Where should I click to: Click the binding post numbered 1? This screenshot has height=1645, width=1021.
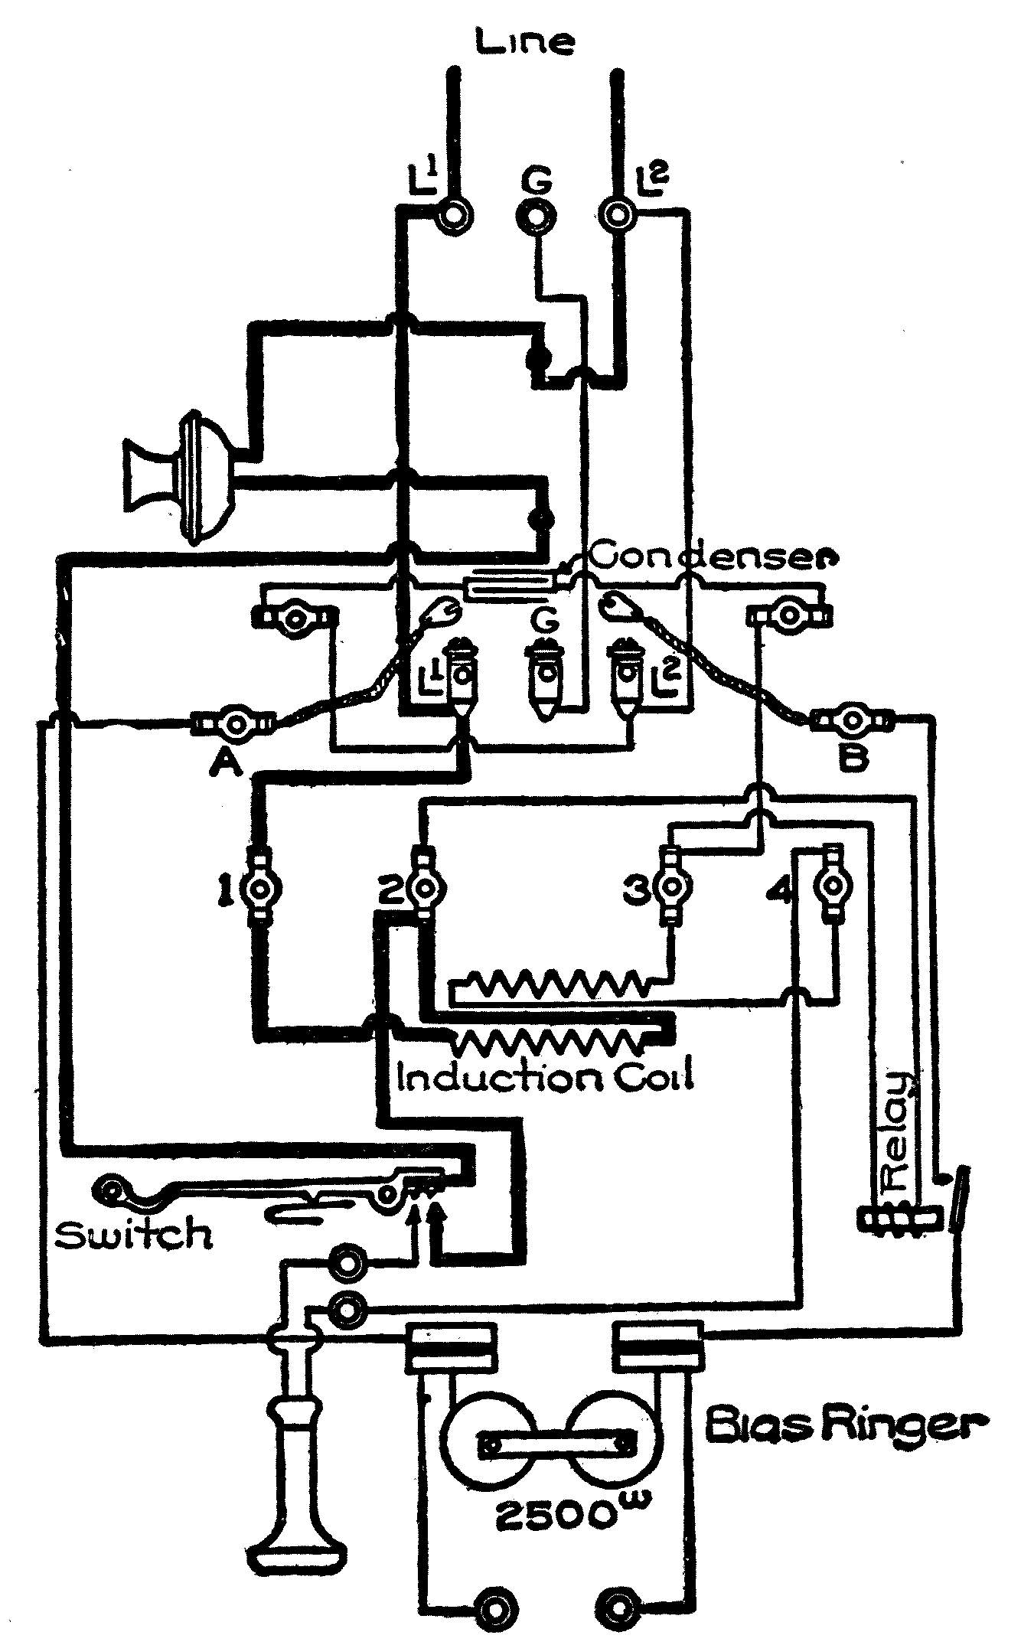263,888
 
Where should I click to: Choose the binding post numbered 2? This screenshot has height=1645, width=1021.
422,888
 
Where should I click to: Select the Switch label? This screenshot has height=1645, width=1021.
135,1234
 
